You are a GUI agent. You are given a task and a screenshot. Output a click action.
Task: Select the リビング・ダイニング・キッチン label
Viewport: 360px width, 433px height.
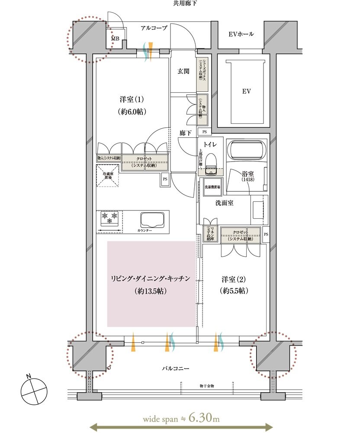tap(151, 279)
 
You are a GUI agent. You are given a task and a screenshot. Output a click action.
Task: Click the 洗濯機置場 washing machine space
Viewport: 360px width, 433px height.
tap(212, 187)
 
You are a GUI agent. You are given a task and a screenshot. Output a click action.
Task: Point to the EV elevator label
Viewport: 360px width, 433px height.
tap(247, 91)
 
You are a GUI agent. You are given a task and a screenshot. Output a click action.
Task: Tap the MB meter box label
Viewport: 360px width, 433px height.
tap(115, 39)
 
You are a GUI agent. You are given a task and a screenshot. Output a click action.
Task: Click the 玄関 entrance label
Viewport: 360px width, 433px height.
tap(183, 72)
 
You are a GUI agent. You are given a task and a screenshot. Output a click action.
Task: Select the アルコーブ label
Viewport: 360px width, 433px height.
tap(154, 28)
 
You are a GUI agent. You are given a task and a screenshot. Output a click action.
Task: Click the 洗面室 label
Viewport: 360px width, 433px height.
tap(224, 203)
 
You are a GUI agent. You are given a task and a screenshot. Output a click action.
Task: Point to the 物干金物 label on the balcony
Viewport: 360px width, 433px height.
tap(207, 385)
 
